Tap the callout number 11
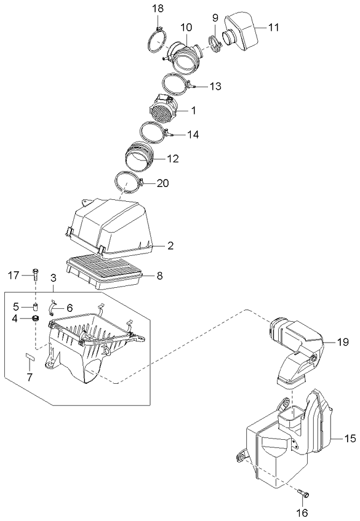(273, 27)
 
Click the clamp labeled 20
(129, 183)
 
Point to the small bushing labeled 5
(36, 306)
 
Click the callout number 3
(54, 278)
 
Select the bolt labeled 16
(303, 493)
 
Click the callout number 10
(186, 27)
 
